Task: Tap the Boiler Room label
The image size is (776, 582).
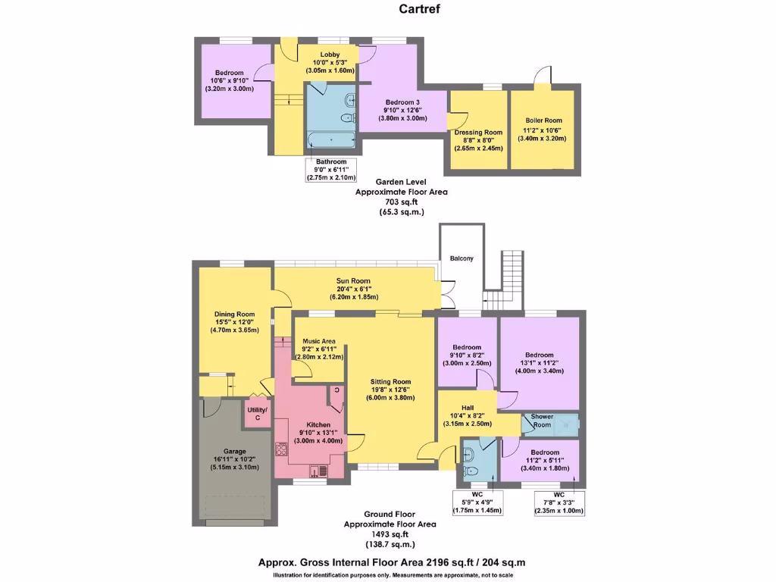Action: point(543,120)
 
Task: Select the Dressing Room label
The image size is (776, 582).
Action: point(478,133)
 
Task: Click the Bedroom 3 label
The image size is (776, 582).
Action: point(402,102)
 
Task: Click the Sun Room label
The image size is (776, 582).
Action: point(352,280)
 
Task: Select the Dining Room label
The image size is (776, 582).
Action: point(234,314)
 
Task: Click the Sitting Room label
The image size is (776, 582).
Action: point(390,382)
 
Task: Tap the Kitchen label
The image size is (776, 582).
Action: point(318,425)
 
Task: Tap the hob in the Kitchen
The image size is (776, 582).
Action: point(282,449)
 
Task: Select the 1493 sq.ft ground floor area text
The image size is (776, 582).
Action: point(390,534)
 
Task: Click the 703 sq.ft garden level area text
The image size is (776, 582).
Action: point(402,202)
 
